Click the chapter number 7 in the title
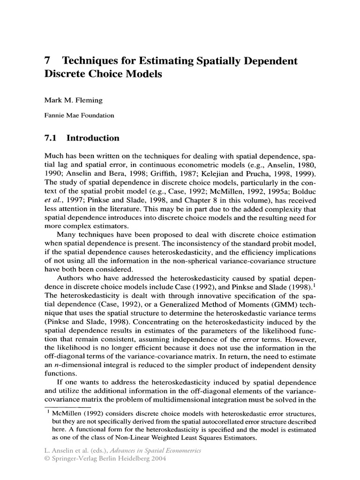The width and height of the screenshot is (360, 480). tap(47, 61)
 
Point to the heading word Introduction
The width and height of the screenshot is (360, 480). tap(93, 138)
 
